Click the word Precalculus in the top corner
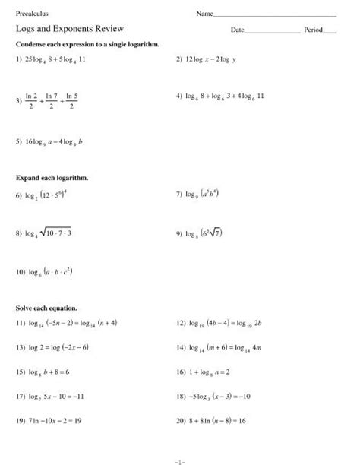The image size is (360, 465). (30, 14)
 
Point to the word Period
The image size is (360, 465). (313, 30)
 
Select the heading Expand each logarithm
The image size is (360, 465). (52, 177)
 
